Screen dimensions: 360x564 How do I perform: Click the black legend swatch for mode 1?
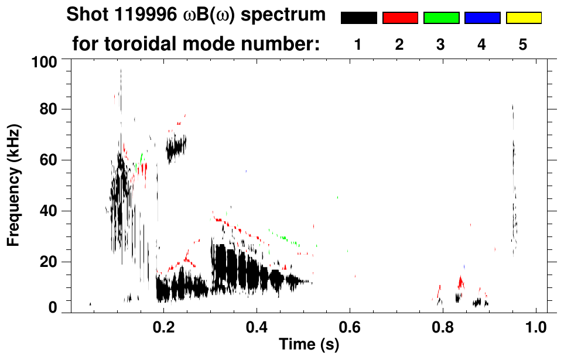(x=358, y=18)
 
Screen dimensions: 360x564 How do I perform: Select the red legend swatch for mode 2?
(x=400, y=18)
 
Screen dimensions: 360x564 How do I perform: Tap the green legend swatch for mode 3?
(x=441, y=18)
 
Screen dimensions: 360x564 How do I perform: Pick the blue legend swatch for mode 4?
(x=482, y=18)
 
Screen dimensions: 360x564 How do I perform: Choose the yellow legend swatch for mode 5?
(x=524, y=18)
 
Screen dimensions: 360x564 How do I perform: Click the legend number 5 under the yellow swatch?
(x=524, y=44)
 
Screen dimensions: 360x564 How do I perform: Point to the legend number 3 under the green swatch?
(x=441, y=44)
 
